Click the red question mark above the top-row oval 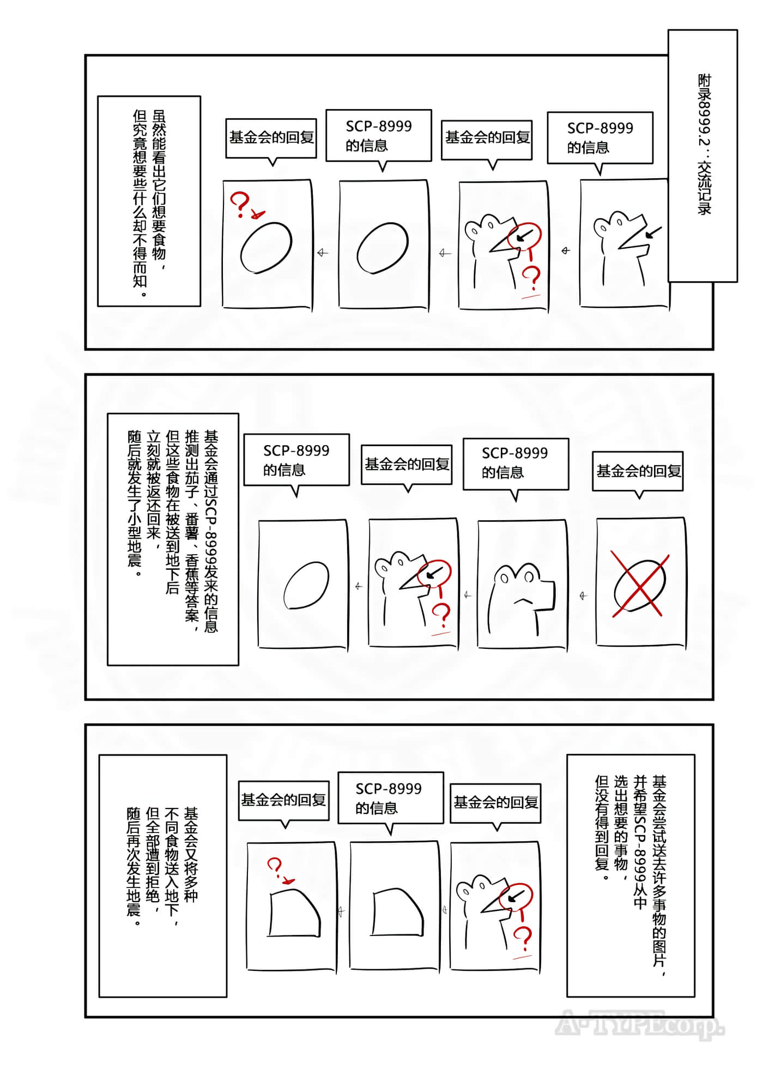pos(240,204)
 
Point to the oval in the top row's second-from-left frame pos(383,248)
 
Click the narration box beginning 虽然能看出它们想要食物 pos(149,200)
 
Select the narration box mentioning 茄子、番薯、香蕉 pos(173,539)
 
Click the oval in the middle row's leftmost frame pos(306,585)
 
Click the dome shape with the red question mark pos(294,913)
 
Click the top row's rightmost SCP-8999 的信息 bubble pos(599,137)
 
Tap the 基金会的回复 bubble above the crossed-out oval pos(638,471)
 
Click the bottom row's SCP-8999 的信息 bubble pos(390,798)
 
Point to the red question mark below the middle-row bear pos(441,613)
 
